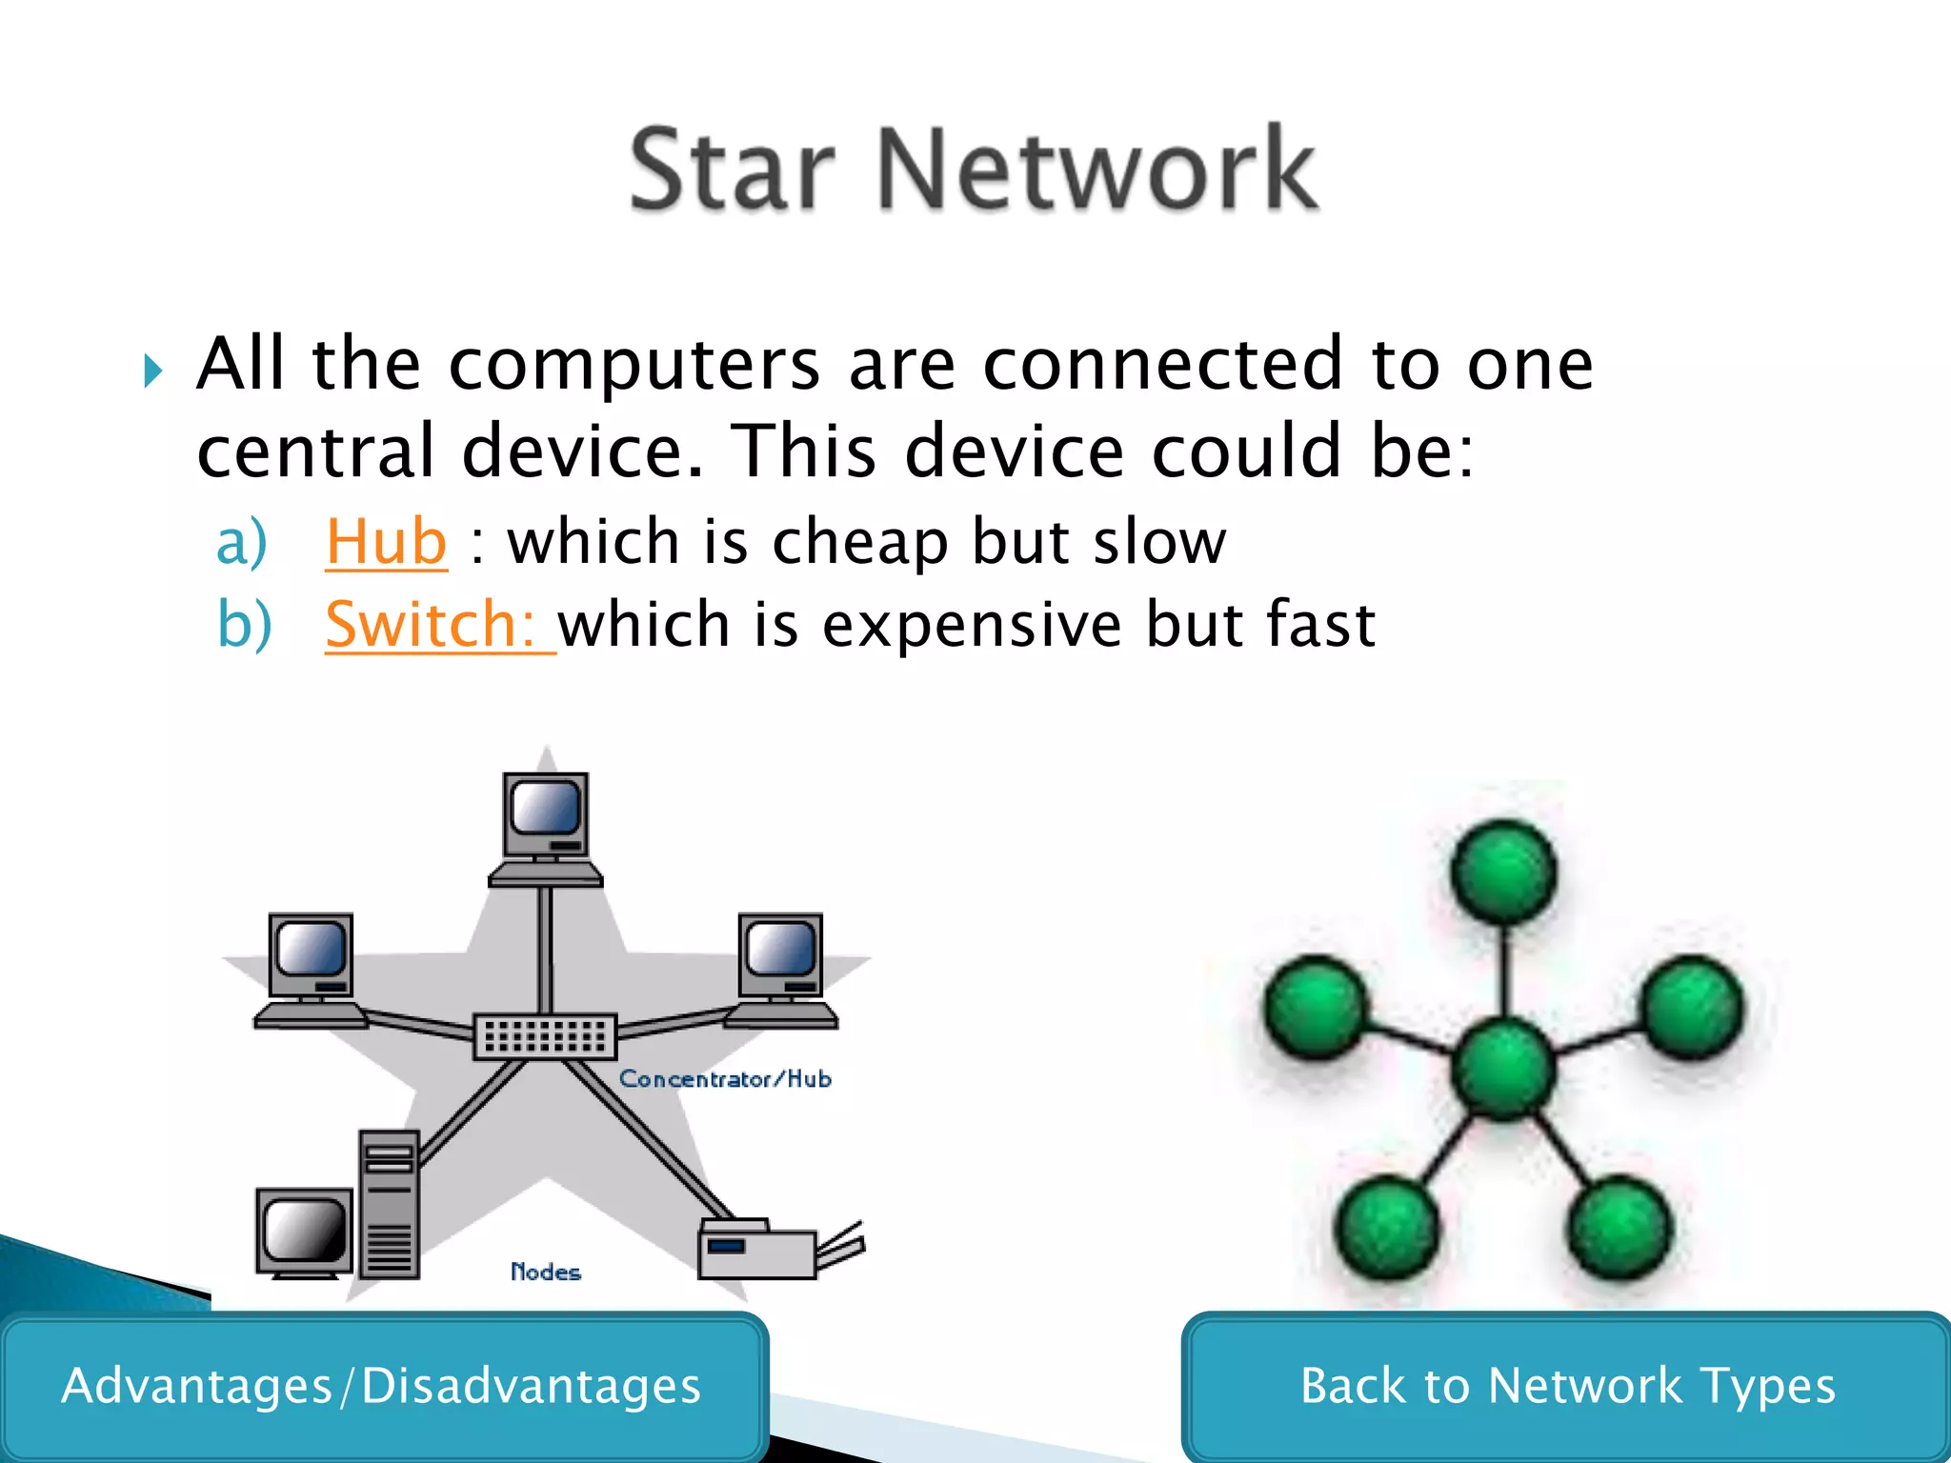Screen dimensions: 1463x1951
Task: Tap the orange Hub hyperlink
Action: (386, 542)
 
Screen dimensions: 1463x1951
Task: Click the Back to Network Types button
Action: (1567, 1386)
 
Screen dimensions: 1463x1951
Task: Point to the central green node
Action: (1503, 1067)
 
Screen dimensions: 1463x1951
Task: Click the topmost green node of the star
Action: (1503, 872)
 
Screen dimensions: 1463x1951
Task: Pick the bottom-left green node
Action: (1386, 1226)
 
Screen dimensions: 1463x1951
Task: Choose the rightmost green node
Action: (1693, 1008)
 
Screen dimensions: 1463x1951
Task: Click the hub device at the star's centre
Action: (545, 1036)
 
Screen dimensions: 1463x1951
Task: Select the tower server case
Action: (390, 1205)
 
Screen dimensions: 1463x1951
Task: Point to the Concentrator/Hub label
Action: (725, 1079)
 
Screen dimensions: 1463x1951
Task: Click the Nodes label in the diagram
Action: (545, 1272)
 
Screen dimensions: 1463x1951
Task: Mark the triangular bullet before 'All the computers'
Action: (152, 371)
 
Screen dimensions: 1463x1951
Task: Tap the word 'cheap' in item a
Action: (860, 542)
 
